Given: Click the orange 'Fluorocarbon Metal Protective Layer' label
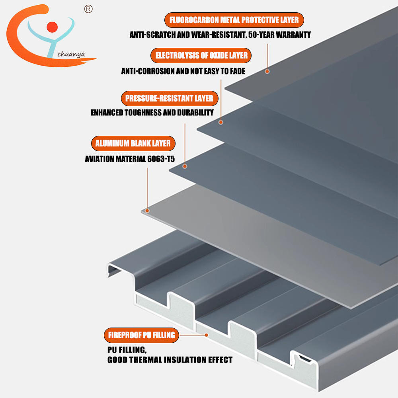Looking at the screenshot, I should pos(234,20).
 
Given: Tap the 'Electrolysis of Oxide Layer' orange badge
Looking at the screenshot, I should pos(201,56).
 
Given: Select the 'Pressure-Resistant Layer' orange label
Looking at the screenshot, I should pos(170,98).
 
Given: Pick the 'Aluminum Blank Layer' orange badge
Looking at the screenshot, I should pos(133,144).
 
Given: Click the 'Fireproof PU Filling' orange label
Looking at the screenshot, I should pos(142,335).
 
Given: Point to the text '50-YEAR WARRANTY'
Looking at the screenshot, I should pos(279,35).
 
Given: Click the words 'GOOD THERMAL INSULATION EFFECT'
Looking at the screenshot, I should pos(170,360).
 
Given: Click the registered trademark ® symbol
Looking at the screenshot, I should pos(88,9).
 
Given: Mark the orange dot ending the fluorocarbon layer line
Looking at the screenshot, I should pos(267,71).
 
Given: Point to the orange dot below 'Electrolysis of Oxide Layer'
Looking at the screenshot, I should pos(221,122).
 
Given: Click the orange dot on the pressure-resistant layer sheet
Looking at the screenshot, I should pos(185,166).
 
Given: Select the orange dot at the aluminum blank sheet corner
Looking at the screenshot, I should pos(147,211).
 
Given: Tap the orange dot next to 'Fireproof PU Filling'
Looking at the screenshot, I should pos(207,335).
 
